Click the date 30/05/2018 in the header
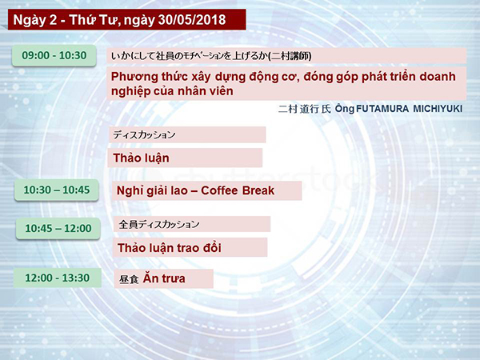(x=192, y=20)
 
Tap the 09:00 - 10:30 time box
(x=54, y=55)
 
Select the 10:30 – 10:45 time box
(x=57, y=190)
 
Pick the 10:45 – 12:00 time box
(x=58, y=228)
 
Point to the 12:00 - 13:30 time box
(x=58, y=278)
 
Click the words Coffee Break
(x=238, y=190)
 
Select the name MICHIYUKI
(x=438, y=109)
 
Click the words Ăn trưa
(x=164, y=278)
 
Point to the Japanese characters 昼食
(x=129, y=279)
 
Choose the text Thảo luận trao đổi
(x=170, y=248)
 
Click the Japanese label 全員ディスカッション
(x=159, y=224)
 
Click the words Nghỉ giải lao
(x=152, y=190)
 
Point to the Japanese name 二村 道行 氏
(x=305, y=109)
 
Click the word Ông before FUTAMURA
(x=345, y=109)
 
